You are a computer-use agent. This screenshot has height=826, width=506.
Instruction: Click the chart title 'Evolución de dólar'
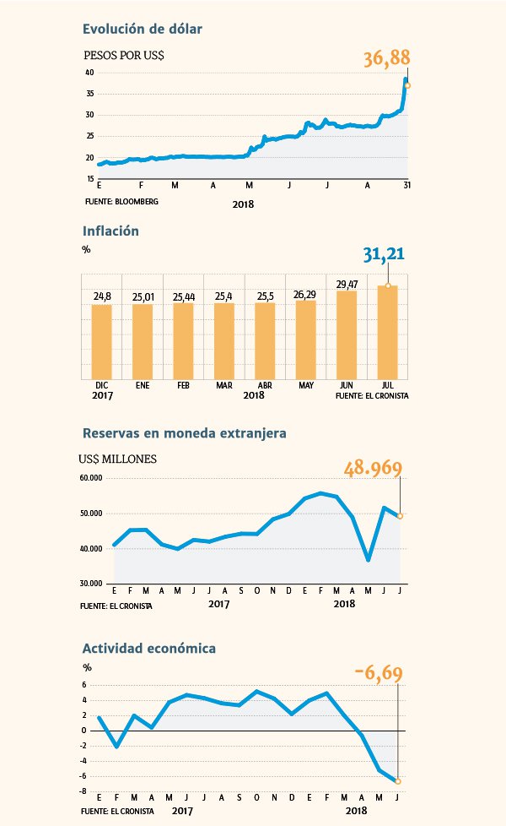(142, 29)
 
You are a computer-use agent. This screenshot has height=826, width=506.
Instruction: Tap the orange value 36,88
(386, 58)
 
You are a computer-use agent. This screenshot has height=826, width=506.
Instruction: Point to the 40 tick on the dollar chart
(89, 73)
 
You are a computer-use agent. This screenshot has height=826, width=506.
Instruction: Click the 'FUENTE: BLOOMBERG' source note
(121, 201)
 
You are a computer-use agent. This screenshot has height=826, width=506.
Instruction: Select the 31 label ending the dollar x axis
(407, 186)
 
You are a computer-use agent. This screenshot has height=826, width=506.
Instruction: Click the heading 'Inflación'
(110, 231)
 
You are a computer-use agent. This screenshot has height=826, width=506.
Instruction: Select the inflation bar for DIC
(101, 342)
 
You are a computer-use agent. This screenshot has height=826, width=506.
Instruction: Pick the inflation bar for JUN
(347, 335)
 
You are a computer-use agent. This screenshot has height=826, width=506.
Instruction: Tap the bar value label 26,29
(305, 295)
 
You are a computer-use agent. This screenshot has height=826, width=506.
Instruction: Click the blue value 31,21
(384, 254)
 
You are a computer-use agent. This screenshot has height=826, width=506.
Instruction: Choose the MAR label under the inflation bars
(224, 386)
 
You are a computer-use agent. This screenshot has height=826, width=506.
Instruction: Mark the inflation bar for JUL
(388, 333)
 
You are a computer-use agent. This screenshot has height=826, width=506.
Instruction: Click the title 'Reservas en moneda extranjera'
(185, 433)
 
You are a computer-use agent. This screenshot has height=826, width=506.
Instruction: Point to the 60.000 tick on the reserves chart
(91, 478)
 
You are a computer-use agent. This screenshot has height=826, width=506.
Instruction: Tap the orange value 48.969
(373, 468)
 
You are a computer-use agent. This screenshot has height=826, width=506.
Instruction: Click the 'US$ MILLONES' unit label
(117, 459)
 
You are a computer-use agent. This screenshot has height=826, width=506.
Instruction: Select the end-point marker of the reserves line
(401, 516)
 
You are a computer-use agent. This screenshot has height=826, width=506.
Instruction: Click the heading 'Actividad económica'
(149, 649)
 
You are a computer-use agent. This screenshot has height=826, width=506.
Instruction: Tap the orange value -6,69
(379, 673)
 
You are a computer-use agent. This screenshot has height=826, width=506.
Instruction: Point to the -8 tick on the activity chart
(83, 791)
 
